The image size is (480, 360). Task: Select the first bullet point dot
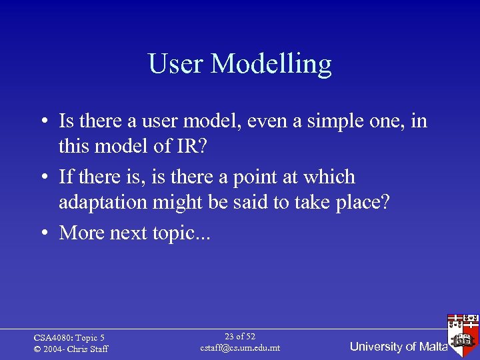tap(42, 122)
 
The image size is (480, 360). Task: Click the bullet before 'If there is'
tap(42, 178)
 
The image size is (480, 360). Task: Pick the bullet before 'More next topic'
tap(42, 233)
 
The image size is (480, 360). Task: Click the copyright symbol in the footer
tap(37, 349)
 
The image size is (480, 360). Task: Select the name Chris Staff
tap(88, 349)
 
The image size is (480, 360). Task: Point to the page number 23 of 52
tap(240, 337)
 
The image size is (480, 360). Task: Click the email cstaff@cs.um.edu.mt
tap(240, 348)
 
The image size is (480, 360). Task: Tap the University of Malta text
tap(398, 347)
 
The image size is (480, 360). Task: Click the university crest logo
tap(464, 331)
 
